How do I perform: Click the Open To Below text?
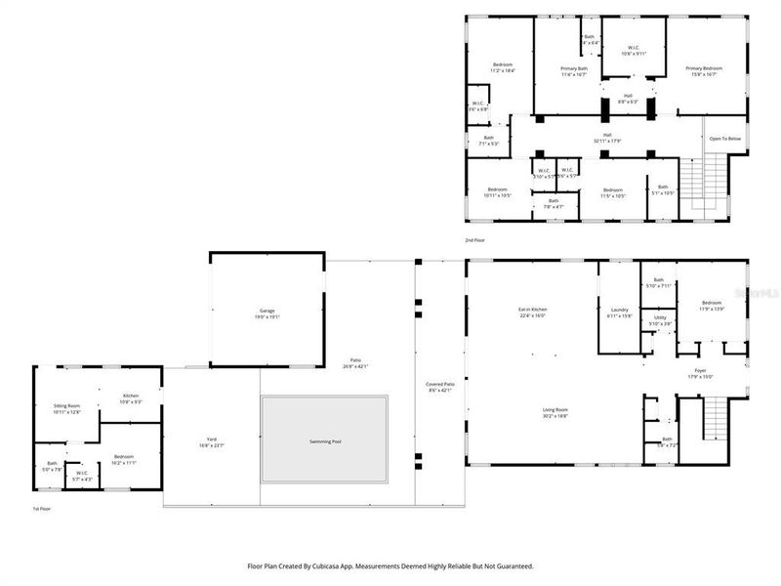[x=725, y=139]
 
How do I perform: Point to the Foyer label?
[x=700, y=372]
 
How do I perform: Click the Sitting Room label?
[x=66, y=407]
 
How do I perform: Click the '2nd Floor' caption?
[x=474, y=239]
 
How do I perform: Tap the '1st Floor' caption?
[x=42, y=509]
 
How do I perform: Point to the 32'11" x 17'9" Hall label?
[x=606, y=138]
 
